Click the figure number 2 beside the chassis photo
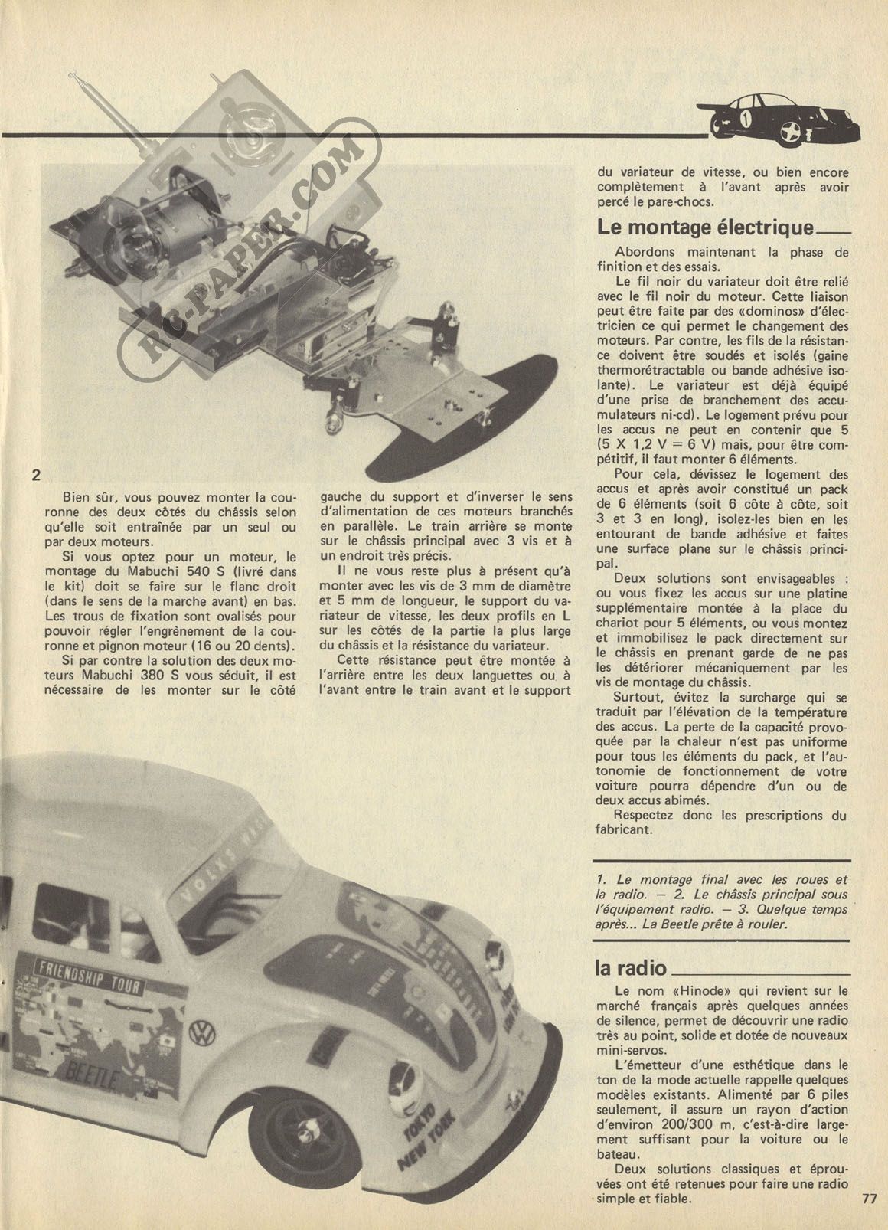point(35,475)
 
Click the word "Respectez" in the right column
point(645,815)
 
